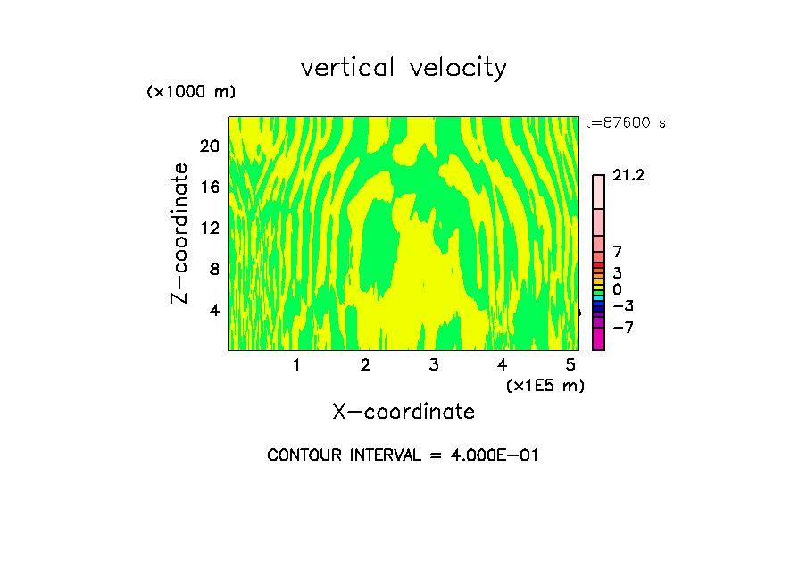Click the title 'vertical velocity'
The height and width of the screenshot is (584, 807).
pyautogui.click(x=403, y=68)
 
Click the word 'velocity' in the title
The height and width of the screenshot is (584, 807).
pyautogui.click(x=456, y=68)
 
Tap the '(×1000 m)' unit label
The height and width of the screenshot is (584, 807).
pyautogui.click(x=190, y=92)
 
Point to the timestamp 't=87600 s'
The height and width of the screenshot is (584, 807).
pyautogui.click(x=625, y=123)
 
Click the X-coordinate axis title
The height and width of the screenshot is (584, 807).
pyautogui.click(x=403, y=412)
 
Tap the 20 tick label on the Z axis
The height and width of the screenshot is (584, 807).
pyautogui.click(x=209, y=146)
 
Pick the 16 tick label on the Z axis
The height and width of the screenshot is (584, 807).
pyautogui.click(x=209, y=187)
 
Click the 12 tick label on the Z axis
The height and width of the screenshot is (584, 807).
pyautogui.click(x=209, y=228)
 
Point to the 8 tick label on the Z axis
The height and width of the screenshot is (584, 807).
pyautogui.click(x=213, y=269)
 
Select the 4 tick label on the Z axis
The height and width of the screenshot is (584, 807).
pyautogui.click(x=213, y=311)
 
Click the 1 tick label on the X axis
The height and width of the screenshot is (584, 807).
pyautogui.click(x=296, y=365)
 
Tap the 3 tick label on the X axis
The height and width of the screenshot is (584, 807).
pyautogui.click(x=433, y=365)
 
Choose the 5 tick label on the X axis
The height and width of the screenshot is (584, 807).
pyautogui.click(x=570, y=365)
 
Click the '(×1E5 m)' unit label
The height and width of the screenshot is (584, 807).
pyautogui.click(x=545, y=385)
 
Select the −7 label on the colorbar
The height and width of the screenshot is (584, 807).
pyautogui.click(x=622, y=328)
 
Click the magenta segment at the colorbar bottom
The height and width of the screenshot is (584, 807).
pyautogui.click(x=598, y=338)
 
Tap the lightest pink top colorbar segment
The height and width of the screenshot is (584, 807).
pyautogui.click(x=598, y=191)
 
